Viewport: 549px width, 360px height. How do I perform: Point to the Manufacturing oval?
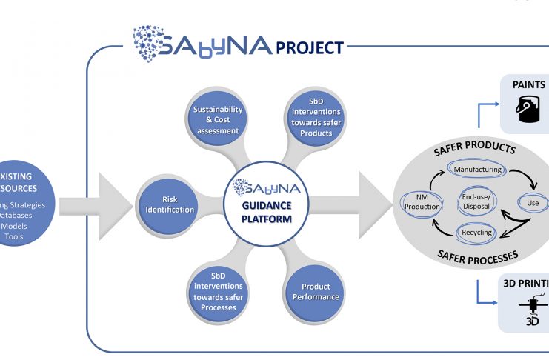(x=478, y=170)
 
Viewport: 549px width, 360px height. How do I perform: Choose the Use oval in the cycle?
(x=532, y=202)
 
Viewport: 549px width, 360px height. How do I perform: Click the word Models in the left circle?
(x=14, y=226)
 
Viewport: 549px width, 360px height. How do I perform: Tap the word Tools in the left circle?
(x=14, y=237)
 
